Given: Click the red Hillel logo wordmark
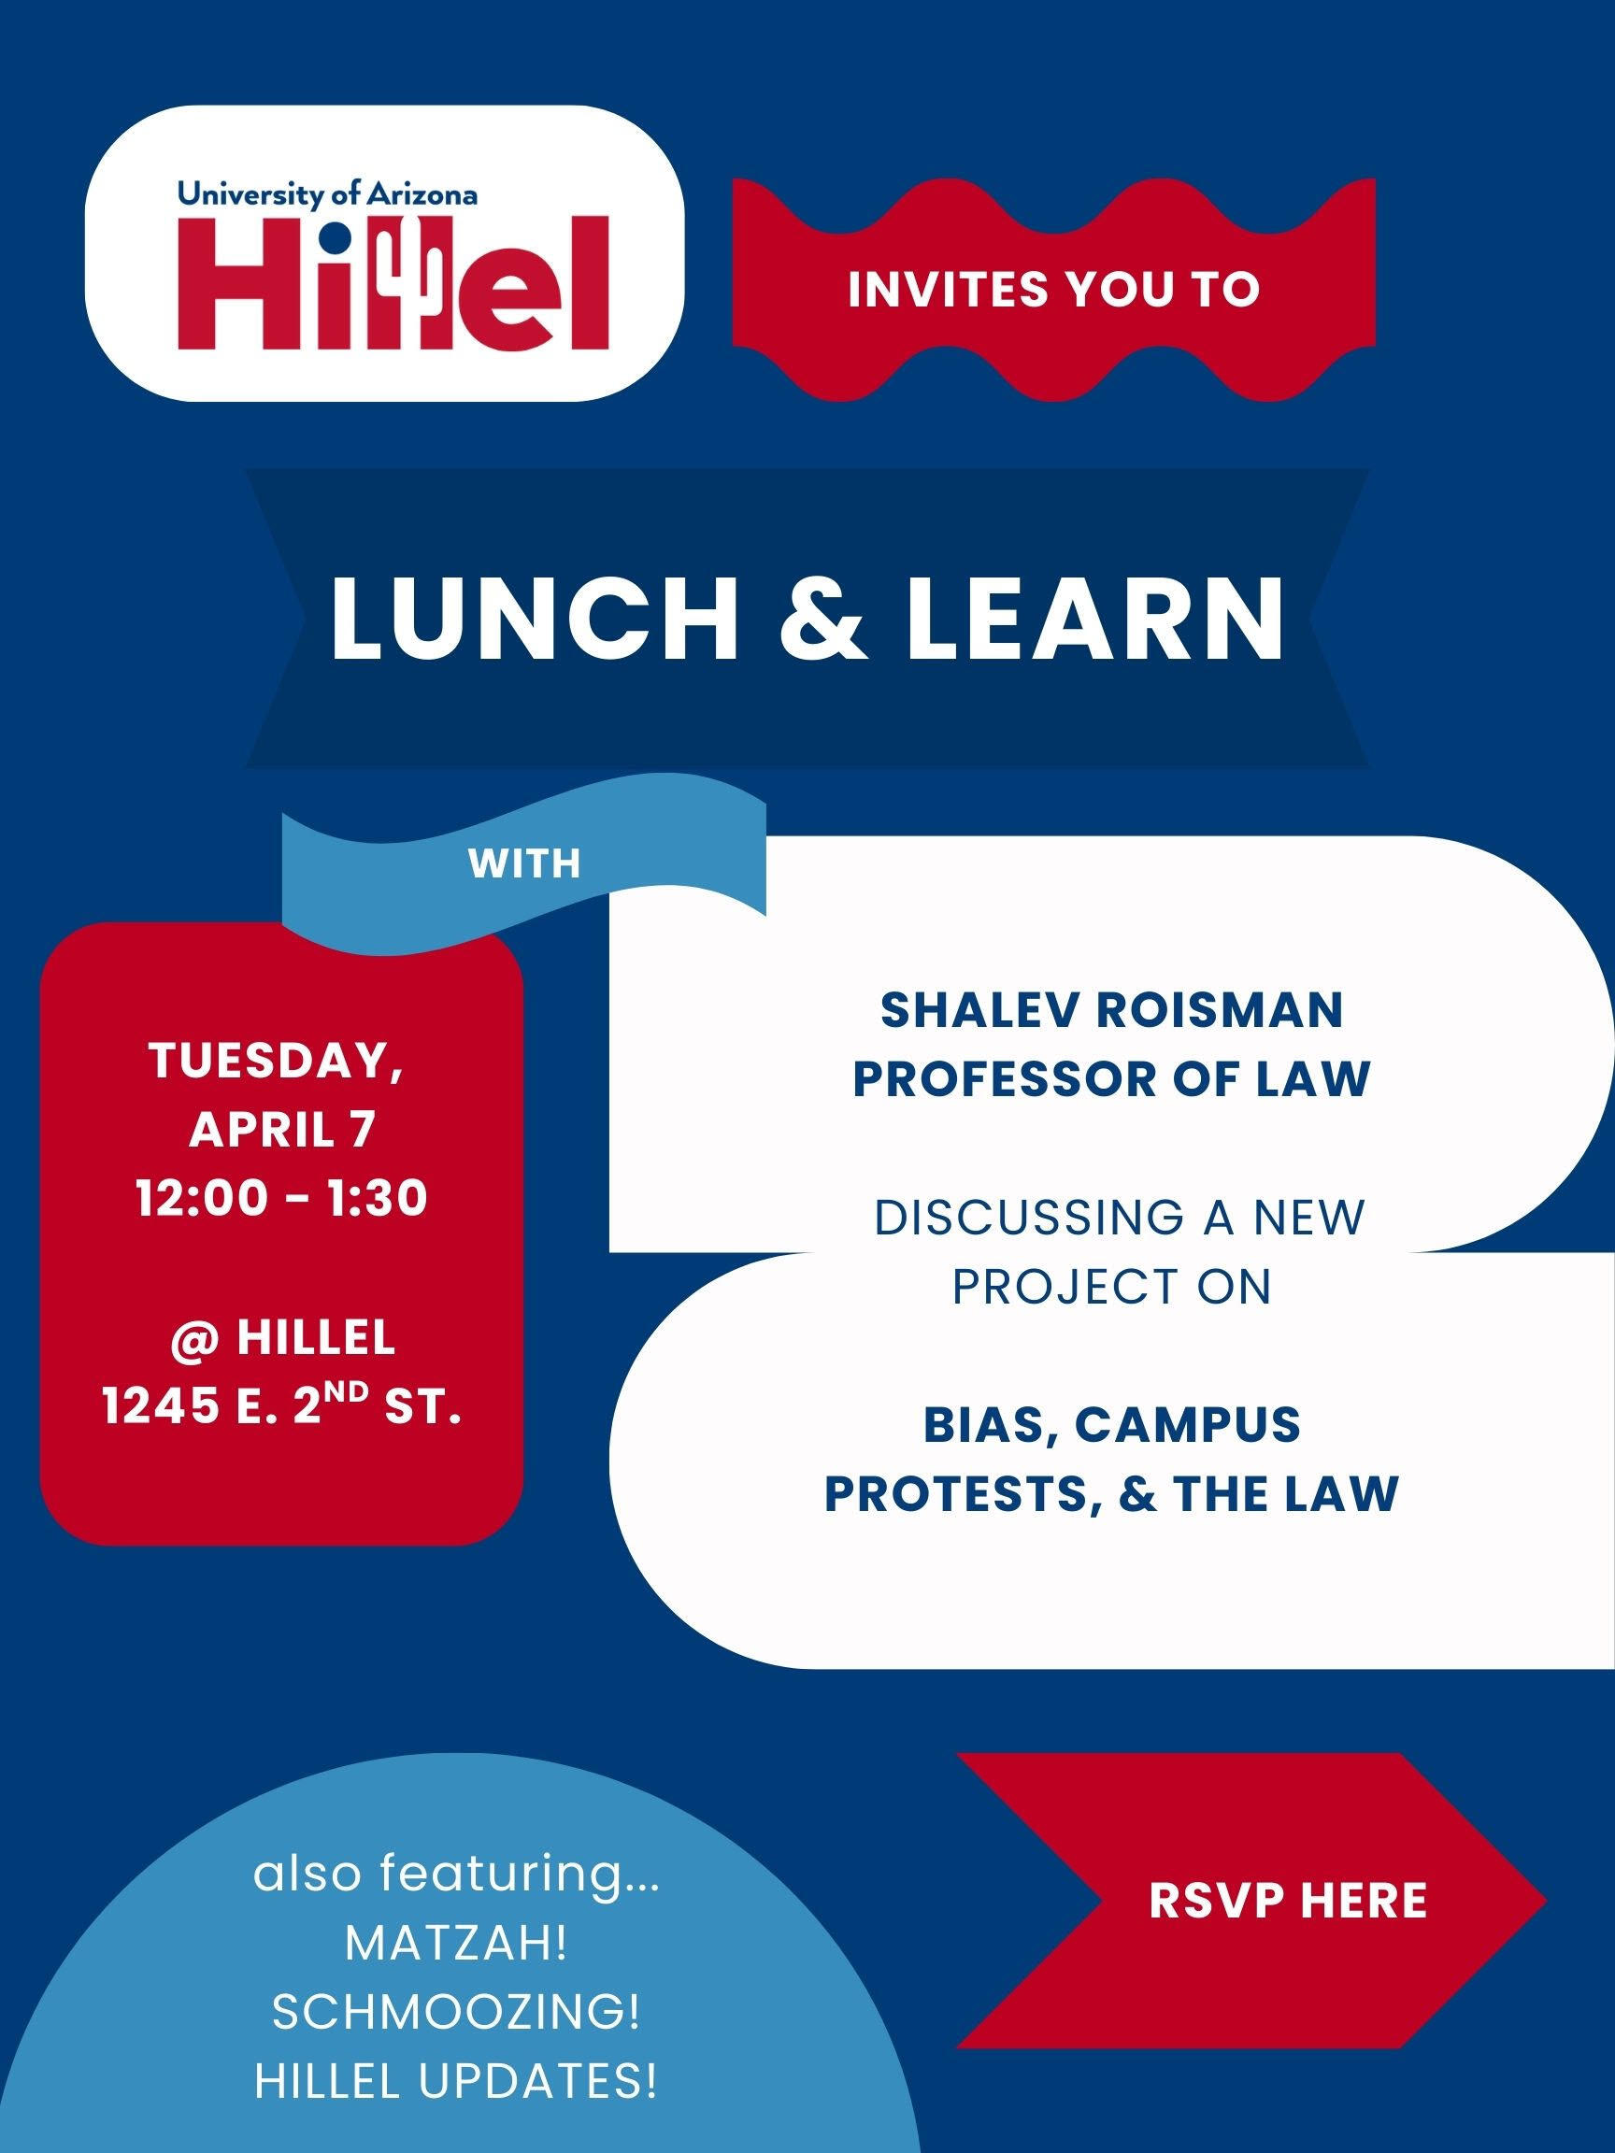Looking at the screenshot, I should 393,282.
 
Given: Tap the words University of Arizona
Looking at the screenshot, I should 327,194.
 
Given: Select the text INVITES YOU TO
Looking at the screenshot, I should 1053,290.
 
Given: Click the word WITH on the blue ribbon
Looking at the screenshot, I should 523,863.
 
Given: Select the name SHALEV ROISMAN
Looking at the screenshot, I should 1111,1010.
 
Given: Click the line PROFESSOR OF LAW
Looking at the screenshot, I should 1111,1078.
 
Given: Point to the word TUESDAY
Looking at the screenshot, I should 276,1060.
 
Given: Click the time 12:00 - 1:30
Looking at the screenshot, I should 282,1198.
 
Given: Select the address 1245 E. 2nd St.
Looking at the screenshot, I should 282,1408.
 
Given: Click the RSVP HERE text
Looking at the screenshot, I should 1288,1900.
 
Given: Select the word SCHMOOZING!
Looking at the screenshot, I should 455,2013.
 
